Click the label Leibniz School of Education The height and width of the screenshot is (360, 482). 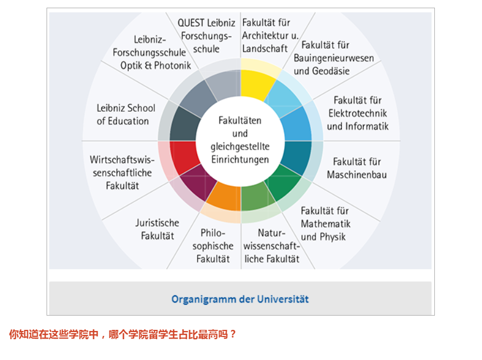tap(126, 115)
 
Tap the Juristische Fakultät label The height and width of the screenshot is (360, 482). tap(157, 229)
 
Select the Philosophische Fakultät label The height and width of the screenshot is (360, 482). tap(213, 245)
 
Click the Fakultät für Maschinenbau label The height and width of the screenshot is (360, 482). tap(357, 168)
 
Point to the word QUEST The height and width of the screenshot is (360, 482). tap(191, 23)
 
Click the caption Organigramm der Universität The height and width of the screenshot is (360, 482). tap(240, 299)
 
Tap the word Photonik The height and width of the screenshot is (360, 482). tap(173, 65)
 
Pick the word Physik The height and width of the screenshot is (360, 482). tap(333, 237)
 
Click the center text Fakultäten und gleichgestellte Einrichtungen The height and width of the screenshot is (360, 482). tap(240, 140)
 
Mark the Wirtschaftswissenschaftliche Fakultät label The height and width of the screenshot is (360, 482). tap(122, 173)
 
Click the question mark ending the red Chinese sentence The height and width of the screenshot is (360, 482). tap(233, 334)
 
